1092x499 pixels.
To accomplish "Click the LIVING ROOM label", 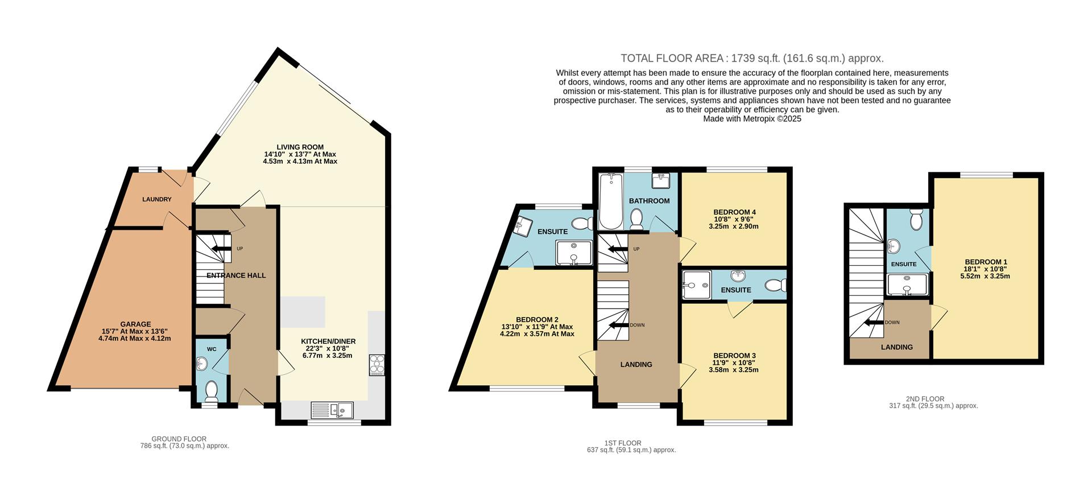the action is point(300,147).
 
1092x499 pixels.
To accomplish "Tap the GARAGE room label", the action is point(135,324).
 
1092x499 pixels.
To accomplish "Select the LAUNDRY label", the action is point(156,199).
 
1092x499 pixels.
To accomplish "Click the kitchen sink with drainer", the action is point(332,410).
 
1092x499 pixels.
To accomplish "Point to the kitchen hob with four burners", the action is point(377,365).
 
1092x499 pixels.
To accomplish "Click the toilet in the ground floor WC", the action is point(211,391).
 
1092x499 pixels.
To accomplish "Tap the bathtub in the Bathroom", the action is point(611,201).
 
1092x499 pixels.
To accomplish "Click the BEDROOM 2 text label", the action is point(537,320).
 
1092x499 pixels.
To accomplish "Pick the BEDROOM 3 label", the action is point(735,356).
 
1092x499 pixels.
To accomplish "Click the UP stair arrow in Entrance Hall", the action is point(221,249).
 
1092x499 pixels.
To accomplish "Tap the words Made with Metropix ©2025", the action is point(752,119).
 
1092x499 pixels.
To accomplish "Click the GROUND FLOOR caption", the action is point(179,439).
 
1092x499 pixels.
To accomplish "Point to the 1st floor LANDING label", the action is point(636,364).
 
